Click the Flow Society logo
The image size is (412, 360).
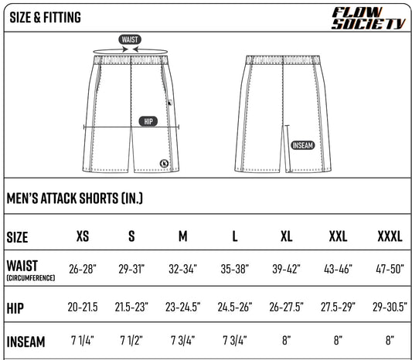click(369, 18)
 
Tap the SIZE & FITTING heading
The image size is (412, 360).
click(45, 17)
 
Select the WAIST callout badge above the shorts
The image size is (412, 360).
click(130, 39)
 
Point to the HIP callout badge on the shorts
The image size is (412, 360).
click(148, 121)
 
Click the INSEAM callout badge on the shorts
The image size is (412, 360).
click(303, 145)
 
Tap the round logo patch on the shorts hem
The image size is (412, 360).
click(165, 163)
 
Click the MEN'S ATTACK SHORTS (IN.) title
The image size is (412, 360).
click(75, 199)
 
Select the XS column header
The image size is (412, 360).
click(83, 236)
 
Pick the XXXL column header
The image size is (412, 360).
click(390, 236)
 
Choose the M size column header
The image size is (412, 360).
click(183, 236)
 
